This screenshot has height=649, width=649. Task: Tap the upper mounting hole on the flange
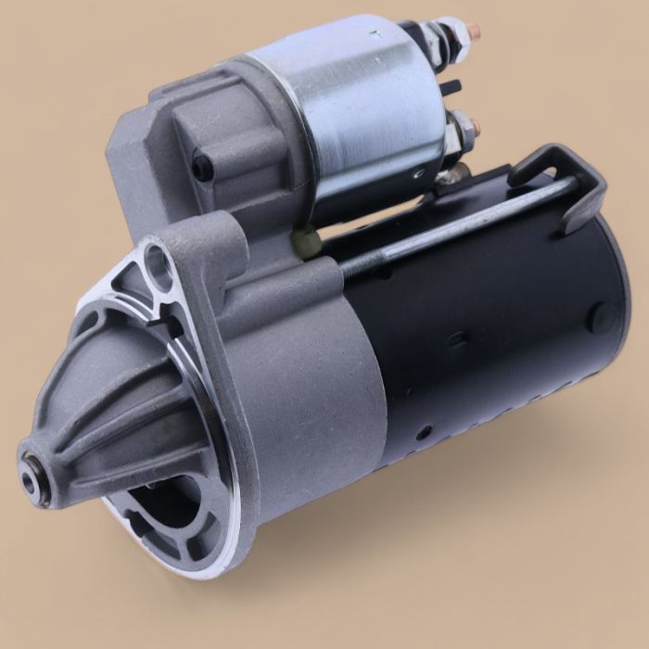tap(158, 262)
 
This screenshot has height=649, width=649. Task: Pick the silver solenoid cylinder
tap(371, 111)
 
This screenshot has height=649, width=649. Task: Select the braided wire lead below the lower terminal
tap(452, 172)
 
